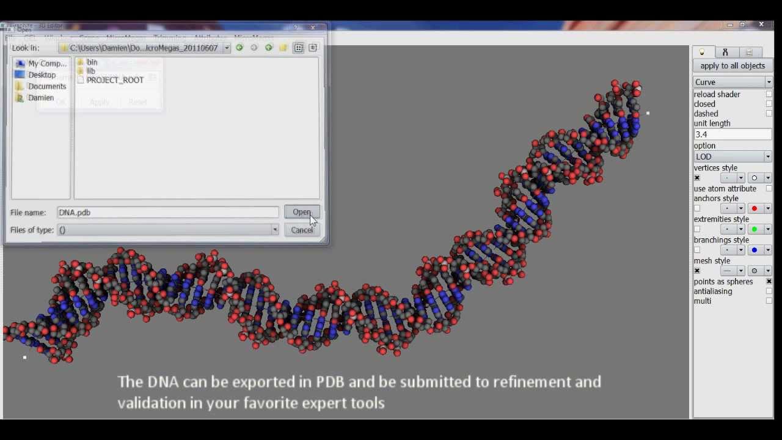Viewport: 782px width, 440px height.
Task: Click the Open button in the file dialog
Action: coord(301,212)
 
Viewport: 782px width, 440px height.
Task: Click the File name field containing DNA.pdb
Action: coord(167,213)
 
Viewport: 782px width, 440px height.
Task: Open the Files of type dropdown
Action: coord(167,230)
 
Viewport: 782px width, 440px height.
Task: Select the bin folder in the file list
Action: coord(92,62)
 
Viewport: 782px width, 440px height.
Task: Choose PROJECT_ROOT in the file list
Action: coord(115,80)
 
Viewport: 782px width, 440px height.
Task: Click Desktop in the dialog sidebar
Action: coord(42,75)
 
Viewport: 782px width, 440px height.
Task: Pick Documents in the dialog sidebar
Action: coord(46,86)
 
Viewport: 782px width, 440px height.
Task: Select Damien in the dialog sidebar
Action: coord(40,98)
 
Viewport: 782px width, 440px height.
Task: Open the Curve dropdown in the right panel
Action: coord(733,82)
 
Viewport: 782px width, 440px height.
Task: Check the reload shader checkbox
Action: coord(769,94)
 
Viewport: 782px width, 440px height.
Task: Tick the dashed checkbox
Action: coord(769,114)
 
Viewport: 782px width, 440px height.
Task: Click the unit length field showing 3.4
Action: coord(732,134)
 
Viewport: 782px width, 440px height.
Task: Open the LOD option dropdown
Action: coord(733,156)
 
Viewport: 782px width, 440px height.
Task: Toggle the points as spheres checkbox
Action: coord(769,282)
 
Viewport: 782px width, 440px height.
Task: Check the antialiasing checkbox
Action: coord(769,291)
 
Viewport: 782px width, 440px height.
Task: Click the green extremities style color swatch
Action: coord(755,229)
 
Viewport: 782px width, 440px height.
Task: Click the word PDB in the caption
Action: coord(330,382)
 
